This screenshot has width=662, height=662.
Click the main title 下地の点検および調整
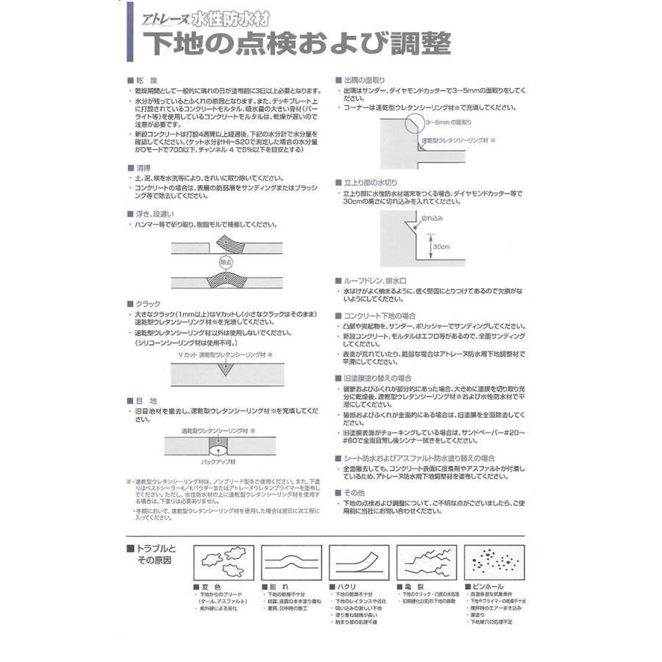[302, 43]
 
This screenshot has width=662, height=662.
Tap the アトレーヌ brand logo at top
[166, 21]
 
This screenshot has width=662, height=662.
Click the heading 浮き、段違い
[157, 214]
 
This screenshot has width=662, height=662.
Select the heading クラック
[147, 302]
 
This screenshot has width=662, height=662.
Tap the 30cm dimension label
[441, 246]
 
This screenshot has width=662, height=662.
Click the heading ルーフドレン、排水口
[376, 281]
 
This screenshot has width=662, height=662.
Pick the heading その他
[355, 492]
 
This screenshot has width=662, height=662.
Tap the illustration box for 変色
[223, 564]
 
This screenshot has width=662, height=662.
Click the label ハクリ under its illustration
[348, 587]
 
